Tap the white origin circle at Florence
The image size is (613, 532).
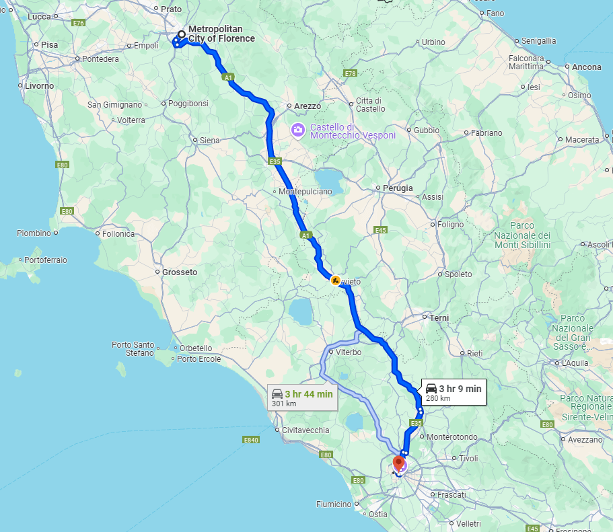[x=181, y=34]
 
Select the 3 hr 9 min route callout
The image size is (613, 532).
[x=454, y=392]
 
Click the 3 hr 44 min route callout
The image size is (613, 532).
[x=302, y=397]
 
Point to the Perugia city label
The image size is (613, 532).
[x=398, y=188]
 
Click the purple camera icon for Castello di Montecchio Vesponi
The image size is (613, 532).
[x=297, y=130]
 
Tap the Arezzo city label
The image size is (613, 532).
[x=308, y=106]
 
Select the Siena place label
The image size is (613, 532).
[x=210, y=141]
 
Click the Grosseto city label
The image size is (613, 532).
[x=180, y=272]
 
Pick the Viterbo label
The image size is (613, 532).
[x=349, y=352]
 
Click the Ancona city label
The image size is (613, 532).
[x=586, y=67]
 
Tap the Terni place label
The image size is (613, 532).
[x=439, y=317]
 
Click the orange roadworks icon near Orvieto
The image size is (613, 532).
[x=335, y=280]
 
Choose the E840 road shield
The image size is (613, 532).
[x=251, y=440]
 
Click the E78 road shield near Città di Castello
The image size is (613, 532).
[x=349, y=73]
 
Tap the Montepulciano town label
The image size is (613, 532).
[x=306, y=192]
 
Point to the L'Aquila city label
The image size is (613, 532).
[x=575, y=363]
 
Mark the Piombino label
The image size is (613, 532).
[x=34, y=233]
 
